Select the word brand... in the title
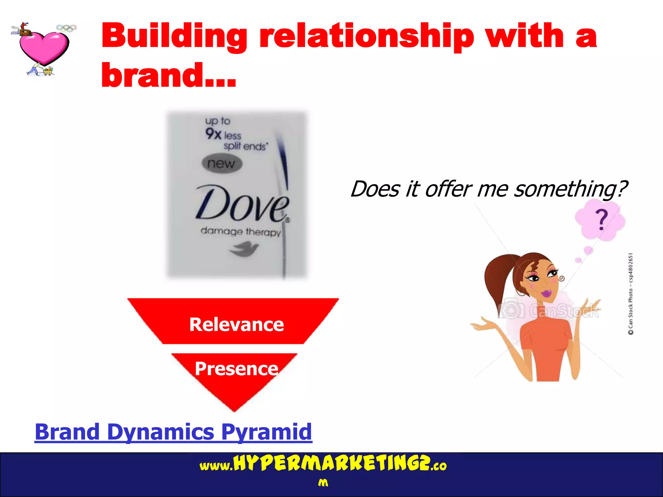[x=168, y=75]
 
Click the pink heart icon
[x=44, y=47]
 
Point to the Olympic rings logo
[x=66, y=28]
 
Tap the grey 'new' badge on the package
[x=222, y=163]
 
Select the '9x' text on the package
[x=213, y=133]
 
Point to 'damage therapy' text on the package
[x=241, y=232]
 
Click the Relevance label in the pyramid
[x=236, y=325]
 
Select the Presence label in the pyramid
[x=236, y=369]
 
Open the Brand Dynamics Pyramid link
[x=173, y=432]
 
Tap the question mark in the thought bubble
[x=601, y=219]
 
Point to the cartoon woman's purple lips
[x=547, y=294]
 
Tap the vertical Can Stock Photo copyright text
[x=631, y=294]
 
